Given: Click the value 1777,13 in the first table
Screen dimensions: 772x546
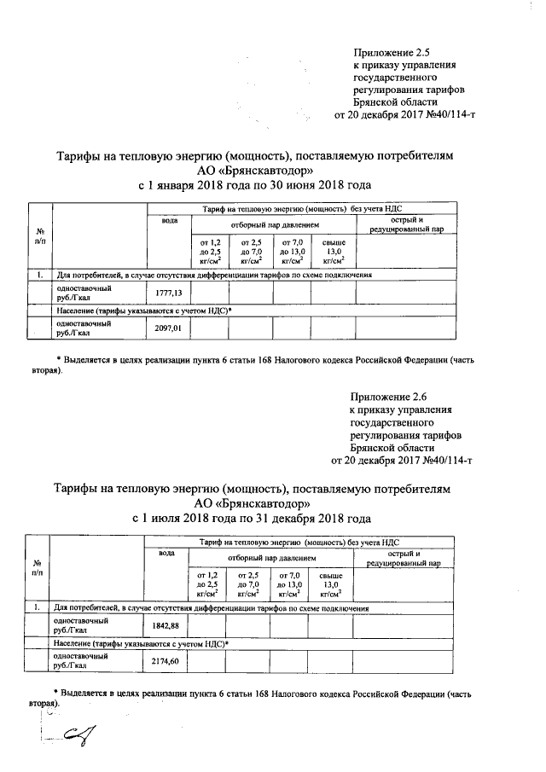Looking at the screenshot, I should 168,293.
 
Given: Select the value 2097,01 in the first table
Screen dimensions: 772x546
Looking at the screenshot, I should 168,328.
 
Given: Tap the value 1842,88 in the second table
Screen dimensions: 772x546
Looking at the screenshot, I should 166,625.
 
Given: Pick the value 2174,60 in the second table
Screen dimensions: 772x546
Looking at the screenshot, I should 166,661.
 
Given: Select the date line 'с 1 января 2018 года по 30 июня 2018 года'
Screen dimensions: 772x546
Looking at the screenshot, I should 255,185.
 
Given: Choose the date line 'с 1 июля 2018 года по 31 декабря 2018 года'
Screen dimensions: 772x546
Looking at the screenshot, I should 253,518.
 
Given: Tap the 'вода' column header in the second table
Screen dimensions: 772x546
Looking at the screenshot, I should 166,554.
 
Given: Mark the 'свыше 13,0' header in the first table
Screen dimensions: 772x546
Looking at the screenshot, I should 333,253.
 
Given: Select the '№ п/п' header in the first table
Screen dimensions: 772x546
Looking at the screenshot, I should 39,236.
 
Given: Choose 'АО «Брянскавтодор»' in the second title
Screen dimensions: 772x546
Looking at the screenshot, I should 253,503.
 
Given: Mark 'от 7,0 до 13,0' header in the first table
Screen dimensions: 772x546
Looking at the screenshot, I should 293,253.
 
